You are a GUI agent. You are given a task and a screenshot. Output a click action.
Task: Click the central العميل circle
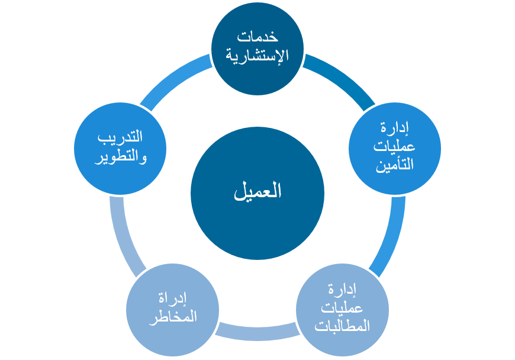[x=257, y=192]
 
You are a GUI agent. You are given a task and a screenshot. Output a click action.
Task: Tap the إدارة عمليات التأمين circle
[x=394, y=148]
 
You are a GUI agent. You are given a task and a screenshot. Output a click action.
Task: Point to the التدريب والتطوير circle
[x=120, y=148]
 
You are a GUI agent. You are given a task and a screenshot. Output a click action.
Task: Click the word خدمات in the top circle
[x=257, y=37]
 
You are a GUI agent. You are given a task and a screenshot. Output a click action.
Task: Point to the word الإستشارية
[x=257, y=57]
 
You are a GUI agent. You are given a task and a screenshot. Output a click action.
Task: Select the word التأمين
[x=394, y=166]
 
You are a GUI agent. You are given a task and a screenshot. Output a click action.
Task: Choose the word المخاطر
[x=172, y=317]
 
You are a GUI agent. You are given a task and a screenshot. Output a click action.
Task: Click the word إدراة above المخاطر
[x=172, y=298]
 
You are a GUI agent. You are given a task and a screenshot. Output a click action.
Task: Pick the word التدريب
[x=120, y=138]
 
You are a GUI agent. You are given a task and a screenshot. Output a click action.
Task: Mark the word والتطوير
[x=120, y=157]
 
